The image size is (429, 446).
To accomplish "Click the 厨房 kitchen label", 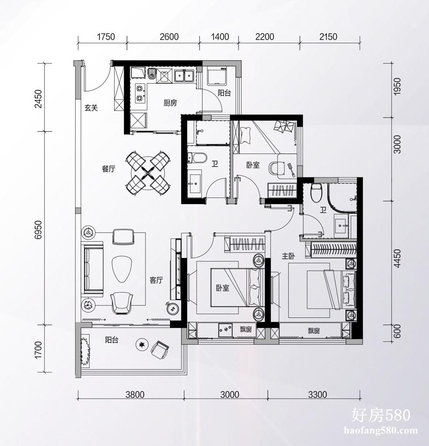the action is [x=170, y=103].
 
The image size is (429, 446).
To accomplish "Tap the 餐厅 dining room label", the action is [x=109, y=169].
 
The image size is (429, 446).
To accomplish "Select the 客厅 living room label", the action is [x=156, y=280].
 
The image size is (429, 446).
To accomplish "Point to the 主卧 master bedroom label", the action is [x=288, y=256].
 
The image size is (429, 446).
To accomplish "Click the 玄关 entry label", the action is [x=91, y=108].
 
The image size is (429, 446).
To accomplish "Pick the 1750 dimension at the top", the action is [x=106, y=37].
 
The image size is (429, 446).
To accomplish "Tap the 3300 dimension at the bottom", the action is [x=318, y=395].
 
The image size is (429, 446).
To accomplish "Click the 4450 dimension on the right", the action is [x=397, y=258].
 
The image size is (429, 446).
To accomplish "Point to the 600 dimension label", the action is [x=397, y=331].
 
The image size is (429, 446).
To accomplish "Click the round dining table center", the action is [x=148, y=172].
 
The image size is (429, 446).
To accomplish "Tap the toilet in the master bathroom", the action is [x=316, y=193].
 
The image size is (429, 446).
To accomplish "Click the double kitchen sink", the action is [x=184, y=76].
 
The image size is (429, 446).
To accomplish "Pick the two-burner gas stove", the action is [x=140, y=93].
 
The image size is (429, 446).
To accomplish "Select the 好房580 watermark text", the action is [x=381, y=415].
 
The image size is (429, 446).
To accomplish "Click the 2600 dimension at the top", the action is [x=169, y=37].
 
